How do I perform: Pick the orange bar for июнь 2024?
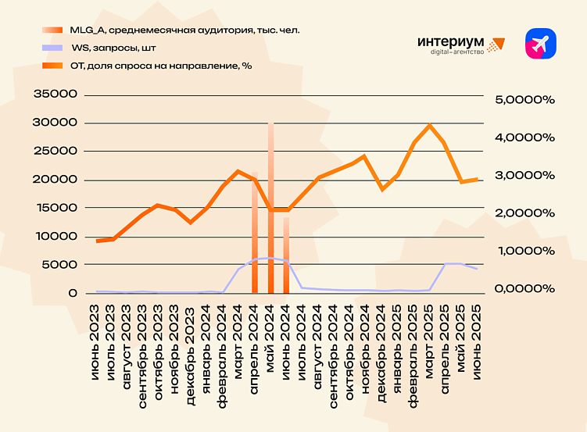point(286,254)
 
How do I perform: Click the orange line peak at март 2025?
point(429,125)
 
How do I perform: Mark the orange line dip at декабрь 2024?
point(381,189)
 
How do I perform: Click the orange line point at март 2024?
point(238,171)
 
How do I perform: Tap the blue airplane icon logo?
point(540,44)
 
